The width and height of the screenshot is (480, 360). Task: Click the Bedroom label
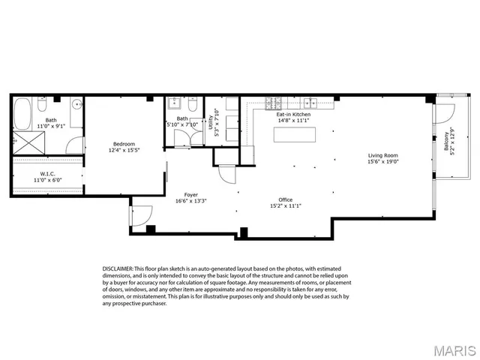pyautogui.click(x=124, y=143)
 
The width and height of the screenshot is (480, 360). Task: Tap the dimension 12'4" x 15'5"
pyautogui.click(x=124, y=150)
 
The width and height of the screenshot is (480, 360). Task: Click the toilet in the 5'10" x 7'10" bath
pyautogui.click(x=193, y=106)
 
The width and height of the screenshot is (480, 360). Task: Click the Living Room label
pyautogui.click(x=382, y=154)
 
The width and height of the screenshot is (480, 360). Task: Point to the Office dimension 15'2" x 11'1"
pyautogui.click(x=281, y=205)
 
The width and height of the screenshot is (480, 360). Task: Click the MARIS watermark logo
pyautogui.click(x=447, y=349)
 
